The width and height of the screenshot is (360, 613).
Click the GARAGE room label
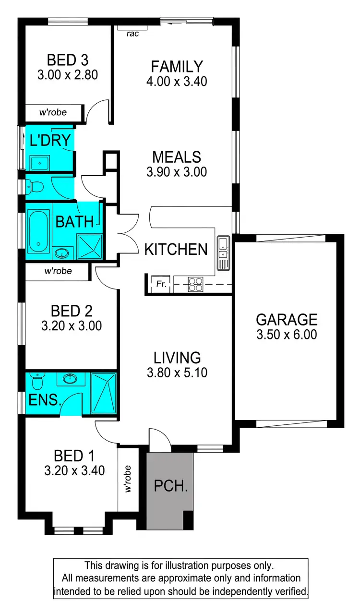tap(287, 319)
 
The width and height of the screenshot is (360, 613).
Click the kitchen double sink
tap(223, 253)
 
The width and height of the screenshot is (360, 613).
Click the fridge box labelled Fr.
tap(161, 284)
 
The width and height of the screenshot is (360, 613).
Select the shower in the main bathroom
tap(89, 246)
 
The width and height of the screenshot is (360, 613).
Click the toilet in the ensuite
tap(36, 383)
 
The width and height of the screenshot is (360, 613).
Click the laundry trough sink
tap(39, 163)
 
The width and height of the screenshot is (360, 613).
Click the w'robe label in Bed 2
tap(58, 271)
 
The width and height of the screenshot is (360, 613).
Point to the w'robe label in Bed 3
tap(53, 113)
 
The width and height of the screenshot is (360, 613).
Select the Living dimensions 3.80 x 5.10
tap(177, 372)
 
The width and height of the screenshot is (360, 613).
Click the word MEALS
tap(177, 157)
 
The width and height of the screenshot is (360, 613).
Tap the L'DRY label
tap(50, 141)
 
